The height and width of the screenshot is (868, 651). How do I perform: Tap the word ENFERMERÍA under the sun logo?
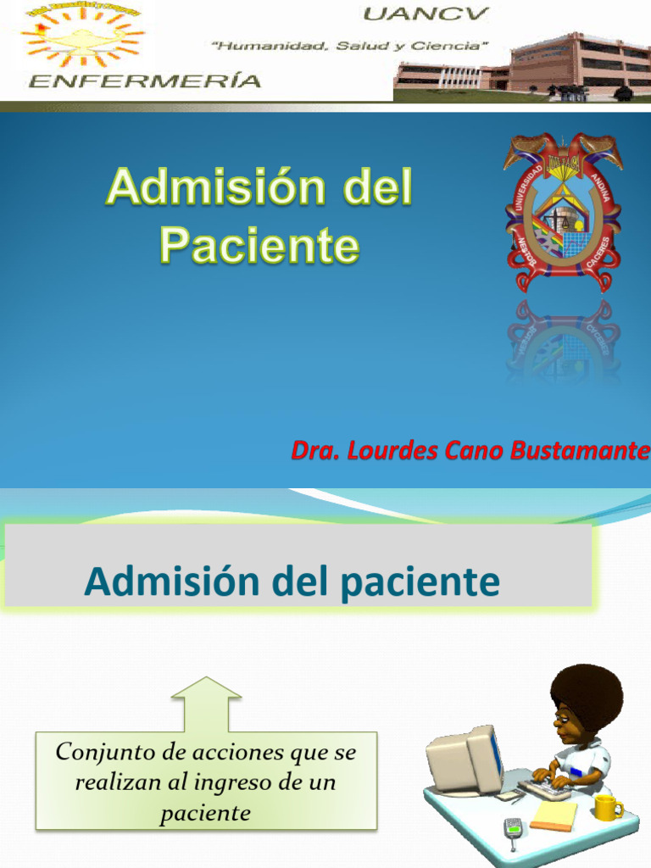pyautogui.click(x=144, y=81)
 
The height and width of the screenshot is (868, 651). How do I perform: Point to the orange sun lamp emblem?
pyautogui.click(x=82, y=38)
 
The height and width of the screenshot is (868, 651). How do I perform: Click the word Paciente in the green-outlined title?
pyautogui.click(x=259, y=246)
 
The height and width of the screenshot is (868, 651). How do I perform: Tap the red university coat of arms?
pyautogui.click(x=563, y=212)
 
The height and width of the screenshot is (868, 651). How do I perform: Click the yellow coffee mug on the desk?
pyautogui.click(x=607, y=807)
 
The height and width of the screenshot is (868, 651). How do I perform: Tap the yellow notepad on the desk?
pyautogui.click(x=554, y=815)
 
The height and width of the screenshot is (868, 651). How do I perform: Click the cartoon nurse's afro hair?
pyautogui.click(x=587, y=692)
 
